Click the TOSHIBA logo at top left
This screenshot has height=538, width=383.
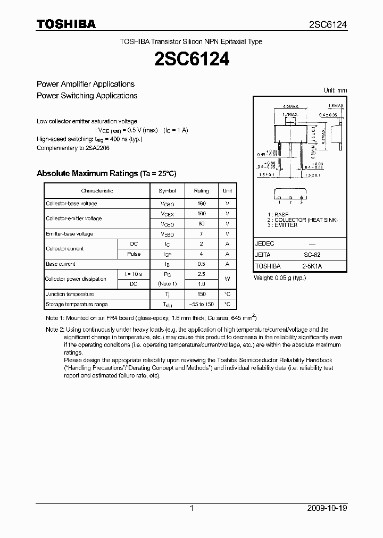pos(66,24)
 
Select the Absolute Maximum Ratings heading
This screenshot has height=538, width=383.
pos(106,173)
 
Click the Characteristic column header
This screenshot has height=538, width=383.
pos(97,191)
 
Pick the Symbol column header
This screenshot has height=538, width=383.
pos(167,191)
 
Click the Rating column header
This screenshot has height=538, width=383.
pos(201,191)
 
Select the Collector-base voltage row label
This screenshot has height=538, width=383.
pos(71,204)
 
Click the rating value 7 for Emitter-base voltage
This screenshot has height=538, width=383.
pos(201,234)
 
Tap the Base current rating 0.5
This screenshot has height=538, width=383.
pos(201,264)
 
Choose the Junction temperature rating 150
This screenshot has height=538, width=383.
pos(201,294)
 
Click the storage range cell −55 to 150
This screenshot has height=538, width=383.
pos(201,305)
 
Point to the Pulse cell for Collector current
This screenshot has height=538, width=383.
pos(134,254)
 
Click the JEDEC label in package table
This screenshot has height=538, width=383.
pos(265,243)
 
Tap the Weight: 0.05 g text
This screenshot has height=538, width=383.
pos(280,278)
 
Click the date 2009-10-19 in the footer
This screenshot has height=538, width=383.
pos(327,508)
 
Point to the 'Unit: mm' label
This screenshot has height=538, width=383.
pos(335,90)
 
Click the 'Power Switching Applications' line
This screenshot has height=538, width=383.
pos(87,96)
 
